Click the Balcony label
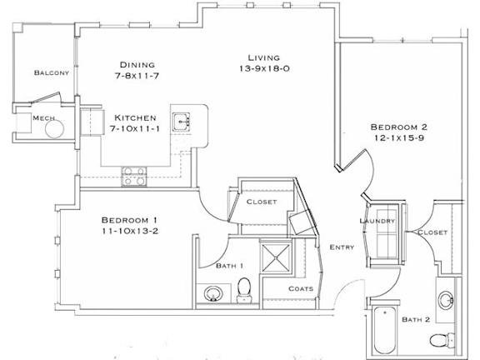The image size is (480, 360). [51, 73]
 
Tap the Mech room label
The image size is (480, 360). [43, 118]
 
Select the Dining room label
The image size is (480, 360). [137, 64]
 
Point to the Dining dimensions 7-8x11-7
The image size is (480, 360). [137, 76]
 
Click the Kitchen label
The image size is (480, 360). [137, 117]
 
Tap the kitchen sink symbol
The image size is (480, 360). [182, 122]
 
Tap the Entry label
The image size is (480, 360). [342, 247]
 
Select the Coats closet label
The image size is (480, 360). [301, 288]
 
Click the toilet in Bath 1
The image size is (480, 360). [244, 289]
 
